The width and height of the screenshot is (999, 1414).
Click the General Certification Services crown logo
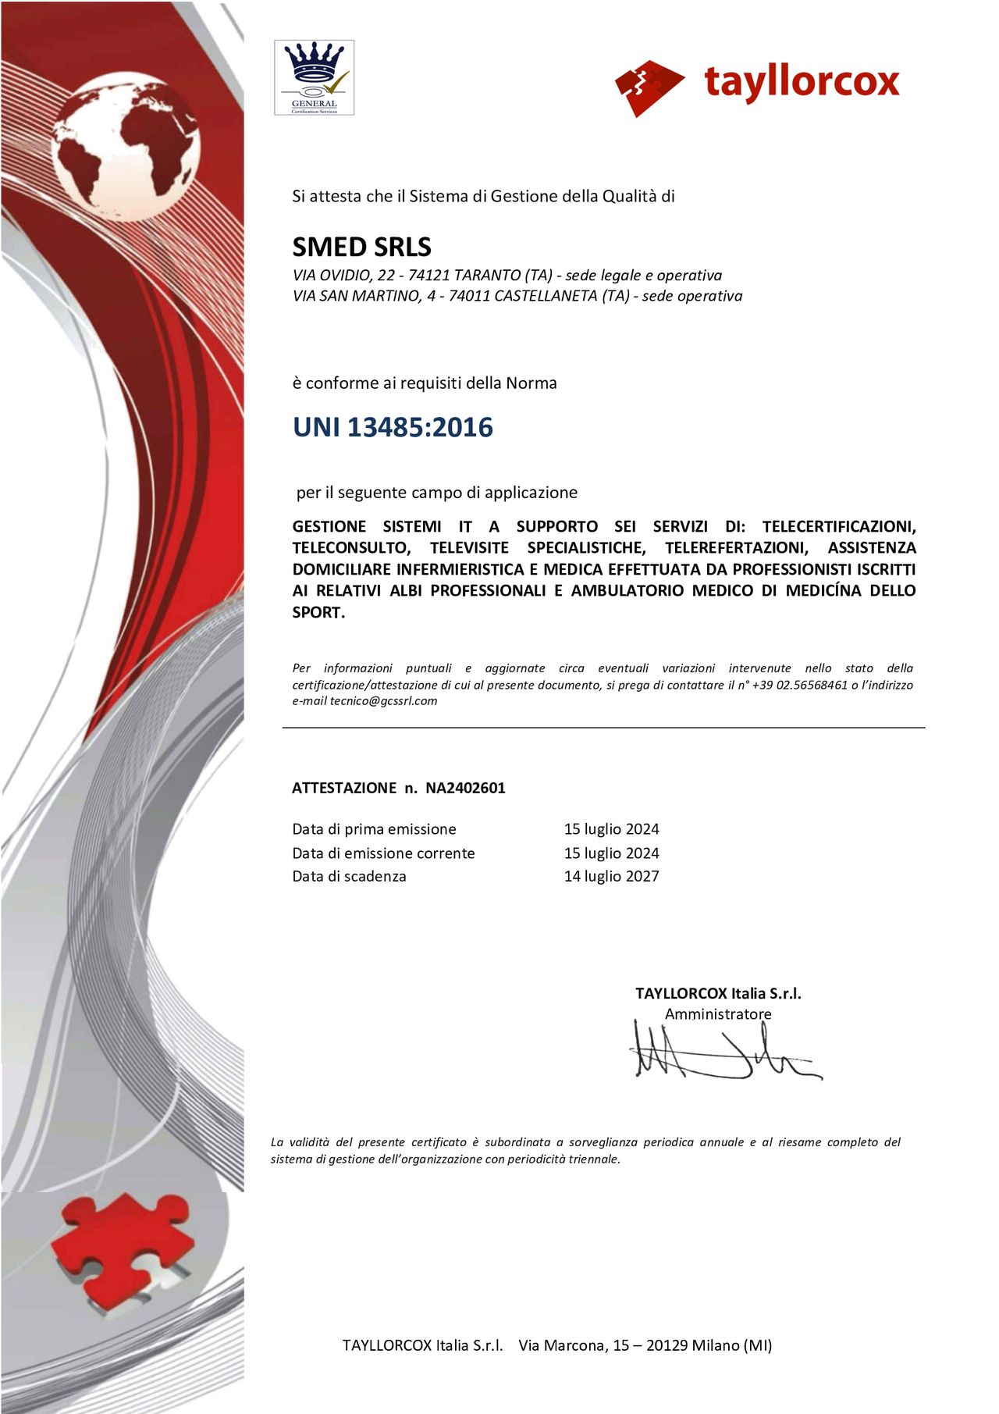[314, 77]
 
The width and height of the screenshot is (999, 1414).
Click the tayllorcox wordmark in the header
[802, 82]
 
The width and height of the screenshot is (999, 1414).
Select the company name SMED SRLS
[361, 247]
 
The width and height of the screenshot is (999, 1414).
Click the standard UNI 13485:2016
[393, 427]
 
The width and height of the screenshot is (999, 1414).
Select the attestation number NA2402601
[465, 788]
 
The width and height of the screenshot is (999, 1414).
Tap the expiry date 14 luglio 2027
[611, 876]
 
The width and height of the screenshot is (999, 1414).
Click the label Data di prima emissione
[374, 829]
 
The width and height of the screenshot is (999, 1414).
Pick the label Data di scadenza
[349, 876]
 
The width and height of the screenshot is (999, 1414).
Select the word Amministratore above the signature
[718, 1013]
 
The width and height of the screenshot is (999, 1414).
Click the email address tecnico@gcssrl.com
[383, 701]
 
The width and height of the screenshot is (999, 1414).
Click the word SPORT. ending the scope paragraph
[318, 612]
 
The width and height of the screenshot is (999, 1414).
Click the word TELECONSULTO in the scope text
[351, 548]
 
